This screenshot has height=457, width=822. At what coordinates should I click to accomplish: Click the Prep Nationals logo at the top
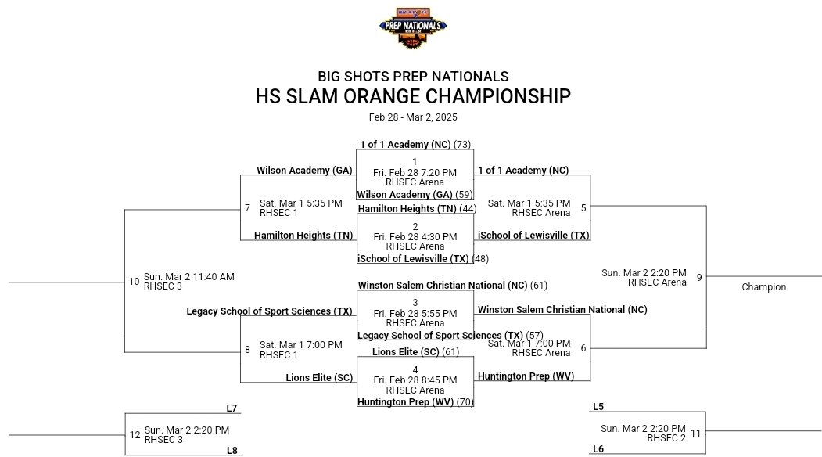pyautogui.click(x=413, y=28)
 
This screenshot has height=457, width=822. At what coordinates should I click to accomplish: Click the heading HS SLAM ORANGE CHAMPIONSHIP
pyautogui.click(x=413, y=96)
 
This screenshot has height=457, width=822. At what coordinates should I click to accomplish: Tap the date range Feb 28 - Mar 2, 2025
pyautogui.click(x=413, y=117)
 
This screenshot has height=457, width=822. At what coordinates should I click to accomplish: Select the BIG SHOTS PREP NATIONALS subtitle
pyautogui.click(x=413, y=77)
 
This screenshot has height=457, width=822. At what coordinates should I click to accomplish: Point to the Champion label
pyautogui.click(x=764, y=287)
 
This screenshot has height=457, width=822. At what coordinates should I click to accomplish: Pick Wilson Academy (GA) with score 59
pyautogui.click(x=415, y=194)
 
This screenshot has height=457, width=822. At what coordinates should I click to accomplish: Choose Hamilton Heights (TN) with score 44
pyautogui.click(x=417, y=209)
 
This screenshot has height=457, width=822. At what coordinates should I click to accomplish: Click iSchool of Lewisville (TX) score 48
pyautogui.click(x=423, y=258)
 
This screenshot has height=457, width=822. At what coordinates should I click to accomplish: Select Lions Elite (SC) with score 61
pyautogui.click(x=415, y=352)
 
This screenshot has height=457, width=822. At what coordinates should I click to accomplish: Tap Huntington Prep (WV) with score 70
pyautogui.click(x=415, y=402)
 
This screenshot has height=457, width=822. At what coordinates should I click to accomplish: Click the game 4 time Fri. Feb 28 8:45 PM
pyautogui.click(x=415, y=380)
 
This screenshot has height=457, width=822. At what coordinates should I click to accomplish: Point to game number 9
pyautogui.click(x=698, y=277)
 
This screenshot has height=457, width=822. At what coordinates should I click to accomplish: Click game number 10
pyautogui.click(x=134, y=282)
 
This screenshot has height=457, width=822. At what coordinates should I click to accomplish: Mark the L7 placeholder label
pyautogui.click(x=232, y=408)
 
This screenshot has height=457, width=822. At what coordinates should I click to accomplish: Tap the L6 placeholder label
pyautogui.click(x=598, y=449)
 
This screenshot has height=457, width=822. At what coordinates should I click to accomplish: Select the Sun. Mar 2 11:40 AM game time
pyautogui.click(x=189, y=277)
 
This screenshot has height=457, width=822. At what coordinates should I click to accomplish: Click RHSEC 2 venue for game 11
pyautogui.click(x=666, y=438)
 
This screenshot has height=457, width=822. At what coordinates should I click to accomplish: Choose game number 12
pyautogui.click(x=134, y=435)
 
